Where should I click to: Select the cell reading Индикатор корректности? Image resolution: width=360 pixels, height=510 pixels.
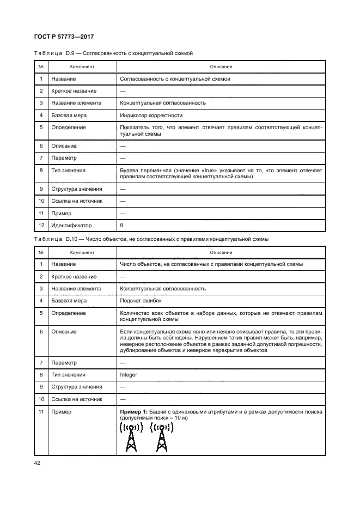tap(151, 115)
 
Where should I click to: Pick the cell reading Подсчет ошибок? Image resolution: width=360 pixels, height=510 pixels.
tap(140, 301)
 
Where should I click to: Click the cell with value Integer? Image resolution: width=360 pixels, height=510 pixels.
tap(129, 375)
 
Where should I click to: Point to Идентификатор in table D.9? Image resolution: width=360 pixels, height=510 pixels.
tap(71, 225)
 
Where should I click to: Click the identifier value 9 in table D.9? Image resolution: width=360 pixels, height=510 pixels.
tap(121, 225)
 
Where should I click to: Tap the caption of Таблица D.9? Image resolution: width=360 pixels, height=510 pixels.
tap(113, 53)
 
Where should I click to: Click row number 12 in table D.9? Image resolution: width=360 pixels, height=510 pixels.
tap(41, 225)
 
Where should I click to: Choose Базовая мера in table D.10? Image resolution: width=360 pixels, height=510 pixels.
tap(69, 301)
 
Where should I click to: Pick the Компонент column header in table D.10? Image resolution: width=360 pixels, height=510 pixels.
tap(82, 252)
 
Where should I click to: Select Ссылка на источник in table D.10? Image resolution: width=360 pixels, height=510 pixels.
tap(76, 399)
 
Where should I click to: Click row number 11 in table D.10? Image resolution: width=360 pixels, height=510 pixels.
tap(41, 412)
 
